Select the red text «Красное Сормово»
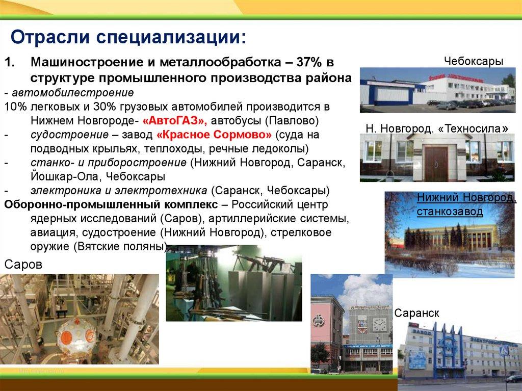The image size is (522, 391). [214, 135]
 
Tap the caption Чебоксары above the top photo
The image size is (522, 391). [474, 61]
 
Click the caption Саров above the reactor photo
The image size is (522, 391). [23, 265]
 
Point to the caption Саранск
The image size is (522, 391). [416, 313]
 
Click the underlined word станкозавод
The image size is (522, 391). [450, 212]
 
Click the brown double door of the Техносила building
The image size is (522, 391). [436, 164]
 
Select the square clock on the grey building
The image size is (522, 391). [379, 324]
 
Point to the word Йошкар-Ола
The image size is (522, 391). [65, 176]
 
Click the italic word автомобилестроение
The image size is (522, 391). [73, 92]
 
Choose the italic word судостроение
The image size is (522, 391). [69, 135]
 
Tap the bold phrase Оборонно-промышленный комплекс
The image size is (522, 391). [111, 204]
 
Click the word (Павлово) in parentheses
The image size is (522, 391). [292, 121]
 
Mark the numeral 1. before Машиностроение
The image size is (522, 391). [10, 62]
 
